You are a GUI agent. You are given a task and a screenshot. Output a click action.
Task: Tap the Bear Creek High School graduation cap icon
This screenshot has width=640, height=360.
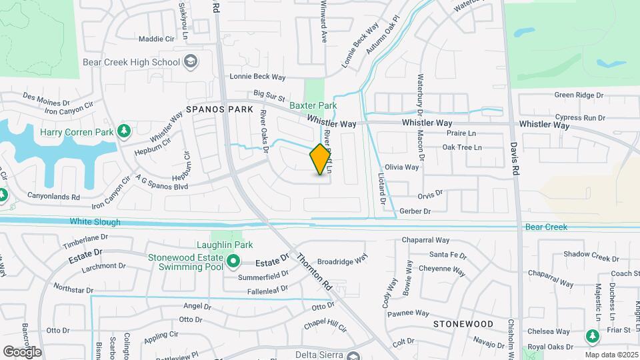point(191,62)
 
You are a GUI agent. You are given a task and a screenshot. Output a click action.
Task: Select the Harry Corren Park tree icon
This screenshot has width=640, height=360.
point(123,132)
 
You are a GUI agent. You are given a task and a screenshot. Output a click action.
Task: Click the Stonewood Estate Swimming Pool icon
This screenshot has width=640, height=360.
point(233,261)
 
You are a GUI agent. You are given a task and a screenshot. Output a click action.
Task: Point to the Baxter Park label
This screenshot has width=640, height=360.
point(313,105)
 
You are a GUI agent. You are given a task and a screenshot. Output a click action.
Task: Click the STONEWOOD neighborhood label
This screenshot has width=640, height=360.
point(463,324)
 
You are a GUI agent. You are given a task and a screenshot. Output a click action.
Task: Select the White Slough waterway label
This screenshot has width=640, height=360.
point(95,222)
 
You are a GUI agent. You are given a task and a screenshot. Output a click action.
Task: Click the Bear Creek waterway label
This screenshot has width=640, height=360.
point(546,227)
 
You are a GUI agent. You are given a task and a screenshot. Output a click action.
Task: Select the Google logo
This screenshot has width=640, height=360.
point(22,351)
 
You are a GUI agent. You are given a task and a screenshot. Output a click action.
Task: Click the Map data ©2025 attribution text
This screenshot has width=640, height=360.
point(611,355)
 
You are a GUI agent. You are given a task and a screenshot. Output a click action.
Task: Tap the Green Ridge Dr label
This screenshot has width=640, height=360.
point(579,95)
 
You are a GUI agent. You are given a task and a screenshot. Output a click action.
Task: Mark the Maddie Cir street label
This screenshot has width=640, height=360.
point(156,39)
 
